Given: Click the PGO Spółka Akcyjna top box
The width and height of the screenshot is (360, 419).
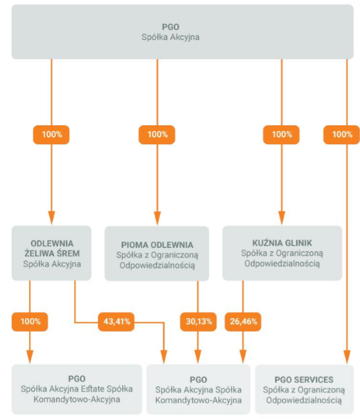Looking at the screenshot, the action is [x=182, y=32].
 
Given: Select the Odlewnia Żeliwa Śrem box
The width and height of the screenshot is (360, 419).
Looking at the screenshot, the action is [x=51, y=253].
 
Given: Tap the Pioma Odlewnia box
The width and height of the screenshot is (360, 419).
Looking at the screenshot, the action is [x=157, y=254].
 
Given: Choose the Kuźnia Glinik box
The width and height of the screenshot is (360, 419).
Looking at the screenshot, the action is [x=282, y=253].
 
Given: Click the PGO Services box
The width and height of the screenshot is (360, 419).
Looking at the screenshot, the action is [x=304, y=389].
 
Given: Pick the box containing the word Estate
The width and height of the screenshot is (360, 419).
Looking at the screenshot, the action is [x=77, y=389].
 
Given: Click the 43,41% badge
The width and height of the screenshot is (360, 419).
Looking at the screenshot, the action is [x=117, y=321].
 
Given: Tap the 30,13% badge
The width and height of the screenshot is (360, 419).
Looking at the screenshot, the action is [x=198, y=321].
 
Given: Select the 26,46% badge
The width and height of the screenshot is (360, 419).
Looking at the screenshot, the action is [x=243, y=321].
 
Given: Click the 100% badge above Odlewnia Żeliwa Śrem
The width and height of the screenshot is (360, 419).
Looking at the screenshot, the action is [x=51, y=135].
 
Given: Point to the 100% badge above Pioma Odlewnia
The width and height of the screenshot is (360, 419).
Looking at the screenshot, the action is [x=157, y=135].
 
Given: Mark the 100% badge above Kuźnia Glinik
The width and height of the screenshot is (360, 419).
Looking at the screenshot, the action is [x=281, y=135].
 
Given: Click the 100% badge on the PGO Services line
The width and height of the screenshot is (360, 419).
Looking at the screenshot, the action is [x=342, y=135].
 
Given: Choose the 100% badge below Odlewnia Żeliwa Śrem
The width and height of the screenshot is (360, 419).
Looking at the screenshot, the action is [x=30, y=321].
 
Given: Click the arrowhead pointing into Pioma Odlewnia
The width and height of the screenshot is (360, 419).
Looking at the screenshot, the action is [x=157, y=219].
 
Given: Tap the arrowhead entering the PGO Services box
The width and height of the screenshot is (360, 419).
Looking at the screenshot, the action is [x=347, y=357].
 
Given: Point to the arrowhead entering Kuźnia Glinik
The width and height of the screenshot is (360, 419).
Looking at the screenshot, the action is [x=281, y=218].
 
